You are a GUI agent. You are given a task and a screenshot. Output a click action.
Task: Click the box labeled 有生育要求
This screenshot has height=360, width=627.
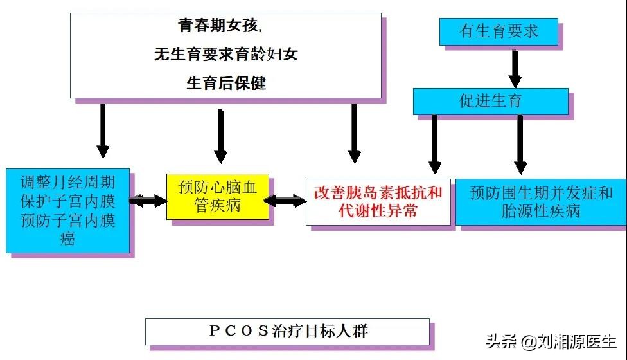coord(499,31)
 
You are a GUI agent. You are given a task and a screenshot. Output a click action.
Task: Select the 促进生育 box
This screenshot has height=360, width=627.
coord(490,101)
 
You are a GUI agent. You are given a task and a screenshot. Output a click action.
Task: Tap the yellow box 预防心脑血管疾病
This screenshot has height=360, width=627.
coord(217,196)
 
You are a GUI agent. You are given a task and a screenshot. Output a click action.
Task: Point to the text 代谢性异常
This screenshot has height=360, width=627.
coord(378,210)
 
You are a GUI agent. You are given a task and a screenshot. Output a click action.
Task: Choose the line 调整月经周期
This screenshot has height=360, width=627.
coord(67,181)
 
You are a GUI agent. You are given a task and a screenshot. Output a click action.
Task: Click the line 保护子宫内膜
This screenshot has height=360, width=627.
coord(67,201)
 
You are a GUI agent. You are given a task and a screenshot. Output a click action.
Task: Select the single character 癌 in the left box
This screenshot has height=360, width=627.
coord(67,239)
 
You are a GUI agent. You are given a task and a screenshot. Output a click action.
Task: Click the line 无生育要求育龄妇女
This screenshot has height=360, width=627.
coord(225,55)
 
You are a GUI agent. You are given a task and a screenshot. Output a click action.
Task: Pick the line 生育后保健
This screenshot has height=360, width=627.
coord(225,83)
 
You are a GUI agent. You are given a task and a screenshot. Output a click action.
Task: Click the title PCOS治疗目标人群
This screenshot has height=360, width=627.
coord(288,331)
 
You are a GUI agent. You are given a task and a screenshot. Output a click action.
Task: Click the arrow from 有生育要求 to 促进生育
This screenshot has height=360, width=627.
coord(515,67)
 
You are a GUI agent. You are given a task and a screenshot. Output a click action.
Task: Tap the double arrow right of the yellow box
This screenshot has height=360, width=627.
coord(284,201)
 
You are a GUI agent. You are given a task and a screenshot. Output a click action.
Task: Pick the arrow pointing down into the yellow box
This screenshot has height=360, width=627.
coord(220,136)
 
